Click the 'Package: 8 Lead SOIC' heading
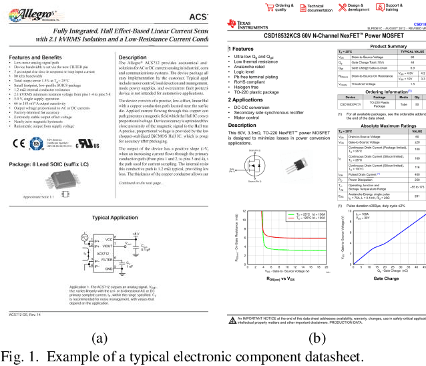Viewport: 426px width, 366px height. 46,164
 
